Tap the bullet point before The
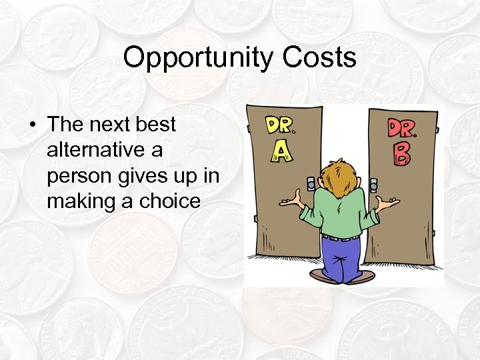pyautogui.click(x=32, y=125)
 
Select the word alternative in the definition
pyautogui.click(x=104, y=150)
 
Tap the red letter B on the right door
pyautogui.click(x=401, y=152)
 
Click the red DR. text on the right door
pyautogui.click(x=401, y=127)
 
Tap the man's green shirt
pyautogui.click(x=339, y=213)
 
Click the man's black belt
pyautogui.click(x=341, y=237)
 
